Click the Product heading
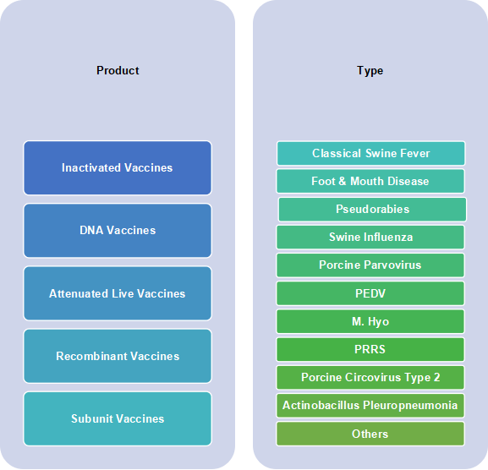click(x=118, y=71)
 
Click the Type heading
click(x=370, y=71)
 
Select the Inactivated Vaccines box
click(x=118, y=168)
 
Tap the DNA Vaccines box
click(x=118, y=231)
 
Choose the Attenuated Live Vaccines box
click(x=118, y=293)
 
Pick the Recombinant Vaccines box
click(x=118, y=356)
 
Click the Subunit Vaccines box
click(x=118, y=418)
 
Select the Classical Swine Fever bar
click(x=371, y=153)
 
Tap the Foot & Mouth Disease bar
click(x=370, y=181)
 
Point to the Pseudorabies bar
click(x=372, y=210)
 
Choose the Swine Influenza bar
click(x=370, y=238)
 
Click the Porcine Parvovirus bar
click(x=370, y=265)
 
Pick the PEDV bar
click(x=370, y=293)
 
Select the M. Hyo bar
click(x=370, y=321)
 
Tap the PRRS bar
click(x=370, y=349)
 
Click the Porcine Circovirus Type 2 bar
click(x=370, y=378)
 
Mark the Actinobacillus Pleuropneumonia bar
click(x=370, y=406)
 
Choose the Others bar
click(x=370, y=434)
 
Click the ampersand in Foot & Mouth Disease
click(x=343, y=181)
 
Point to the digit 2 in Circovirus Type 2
click(x=437, y=377)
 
